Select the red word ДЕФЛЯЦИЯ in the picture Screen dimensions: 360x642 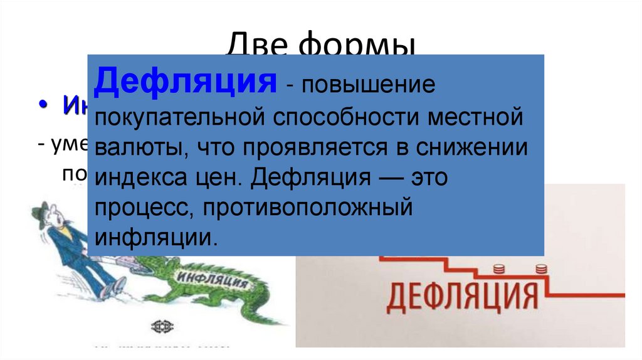pos(462,295)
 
